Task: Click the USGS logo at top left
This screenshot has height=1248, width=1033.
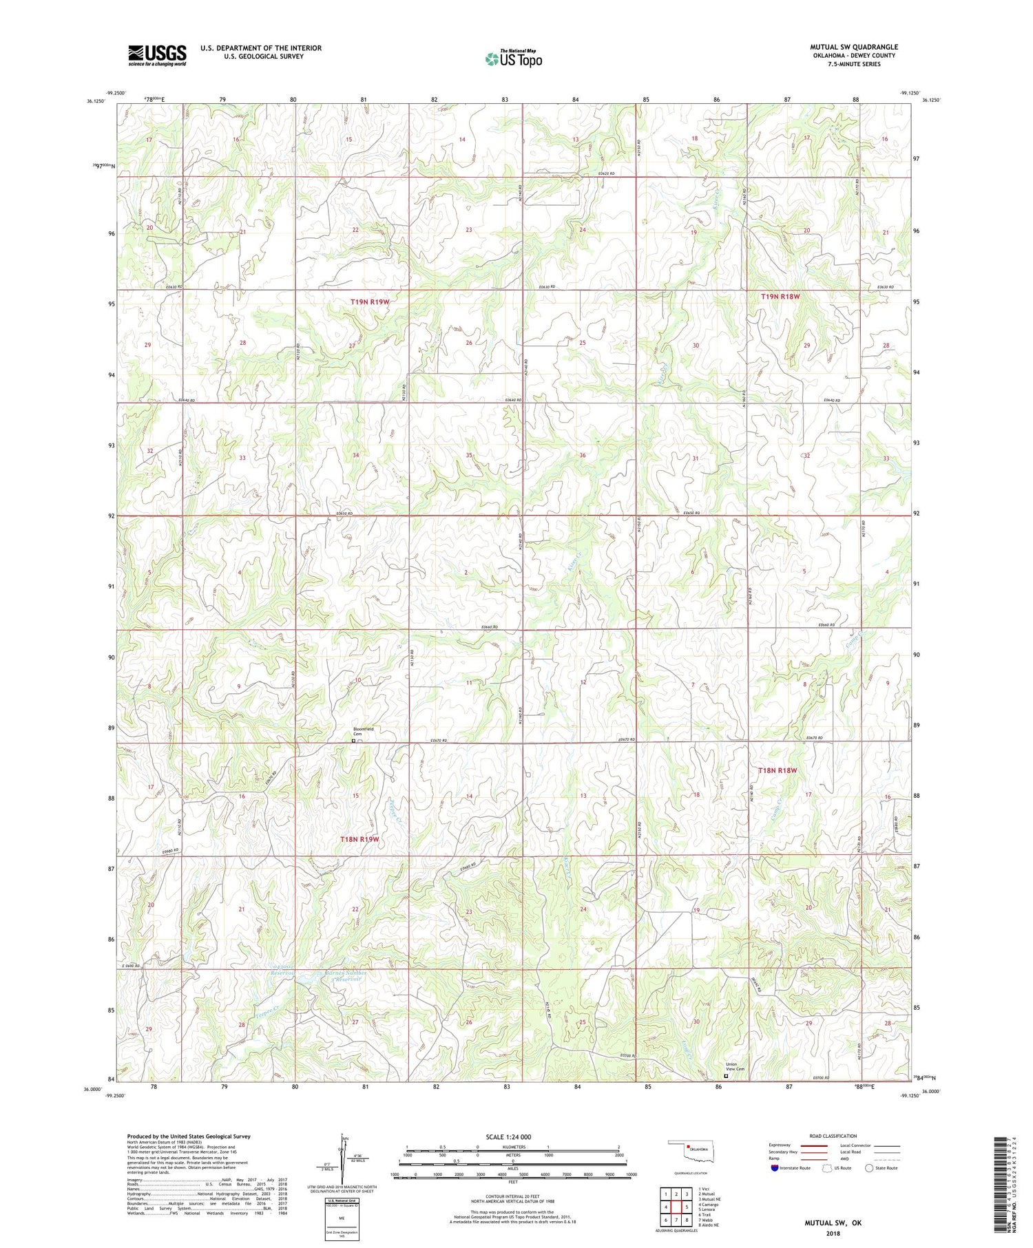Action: pyautogui.click(x=157, y=55)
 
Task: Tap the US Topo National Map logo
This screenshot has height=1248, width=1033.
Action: pyautogui.click(x=513, y=58)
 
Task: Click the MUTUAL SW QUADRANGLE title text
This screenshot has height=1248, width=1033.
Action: pyautogui.click(x=853, y=47)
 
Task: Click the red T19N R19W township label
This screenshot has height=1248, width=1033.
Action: pyautogui.click(x=370, y=302)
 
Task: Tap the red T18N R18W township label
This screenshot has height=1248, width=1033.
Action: pyautogui.click(x=778, y=770)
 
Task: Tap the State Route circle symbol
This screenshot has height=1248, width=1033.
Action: pyautogui.click(x=869, y=1167)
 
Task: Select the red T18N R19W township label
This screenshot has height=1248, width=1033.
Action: pyautogui.click(x=360, y=839)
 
